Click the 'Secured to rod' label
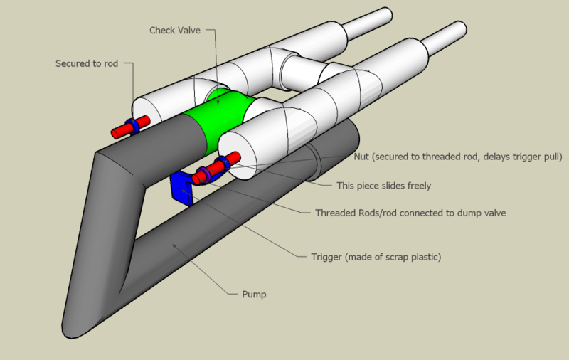tap(87, 63)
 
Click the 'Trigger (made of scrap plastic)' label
tap(376, 257)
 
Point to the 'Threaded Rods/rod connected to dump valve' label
tap(410, 213)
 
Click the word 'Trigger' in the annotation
tap(327, 257)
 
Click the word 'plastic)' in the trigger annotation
tap(425, 257)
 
